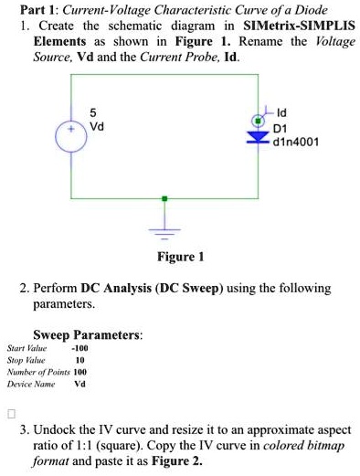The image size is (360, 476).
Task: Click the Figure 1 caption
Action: (x=180, y=257)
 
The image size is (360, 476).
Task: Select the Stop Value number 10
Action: (x=80, y=360)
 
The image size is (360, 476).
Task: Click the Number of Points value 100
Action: (x=79, y=372)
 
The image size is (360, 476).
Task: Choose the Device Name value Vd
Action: (x=79, y=384)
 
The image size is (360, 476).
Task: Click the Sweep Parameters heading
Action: (x=87, y=335)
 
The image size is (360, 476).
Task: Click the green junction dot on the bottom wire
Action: (x=164, y=197)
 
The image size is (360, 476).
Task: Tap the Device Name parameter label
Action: (x=30, y=384)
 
